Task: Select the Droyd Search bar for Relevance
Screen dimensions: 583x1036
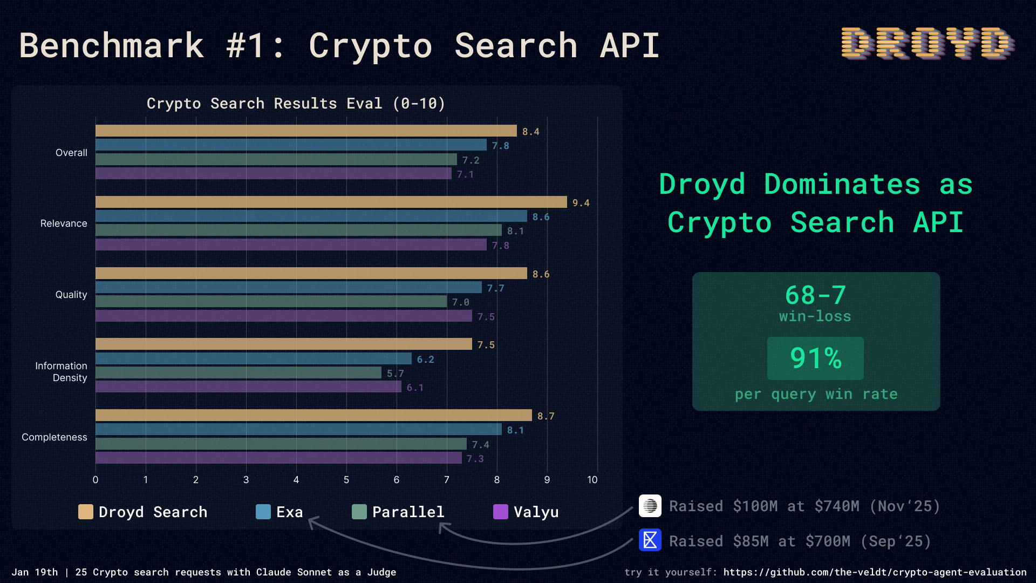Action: coord(331,202)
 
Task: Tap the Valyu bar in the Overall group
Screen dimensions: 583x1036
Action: coord(273,173)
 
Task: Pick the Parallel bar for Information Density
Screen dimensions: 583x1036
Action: coord(238,372)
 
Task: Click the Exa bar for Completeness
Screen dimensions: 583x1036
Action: coord(298,429)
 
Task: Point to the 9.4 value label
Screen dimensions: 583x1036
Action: coord(581,203)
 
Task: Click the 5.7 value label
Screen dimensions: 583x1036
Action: coord(395,374)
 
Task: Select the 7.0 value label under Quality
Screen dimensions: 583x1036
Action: coord(460,302)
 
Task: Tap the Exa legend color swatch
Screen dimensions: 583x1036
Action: coord(263,512)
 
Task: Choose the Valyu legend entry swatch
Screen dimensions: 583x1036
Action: coord(501,512)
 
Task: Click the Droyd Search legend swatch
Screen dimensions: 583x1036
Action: coord(86,512)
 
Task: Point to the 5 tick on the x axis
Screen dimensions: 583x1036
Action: coord(346,480)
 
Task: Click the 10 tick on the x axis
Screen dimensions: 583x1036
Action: coord(592,480)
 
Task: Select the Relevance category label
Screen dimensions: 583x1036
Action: coord(64,223)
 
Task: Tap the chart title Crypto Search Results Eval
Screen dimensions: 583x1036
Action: coord(296,104)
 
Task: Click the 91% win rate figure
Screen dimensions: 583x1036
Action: coord(815,358)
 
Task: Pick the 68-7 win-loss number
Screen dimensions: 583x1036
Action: coord(815,296)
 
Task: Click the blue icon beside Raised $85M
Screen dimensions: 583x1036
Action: coord(650,540)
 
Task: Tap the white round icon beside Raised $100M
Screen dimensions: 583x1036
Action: coord(650,506)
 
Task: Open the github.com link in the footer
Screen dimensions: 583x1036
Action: coord(875,572)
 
